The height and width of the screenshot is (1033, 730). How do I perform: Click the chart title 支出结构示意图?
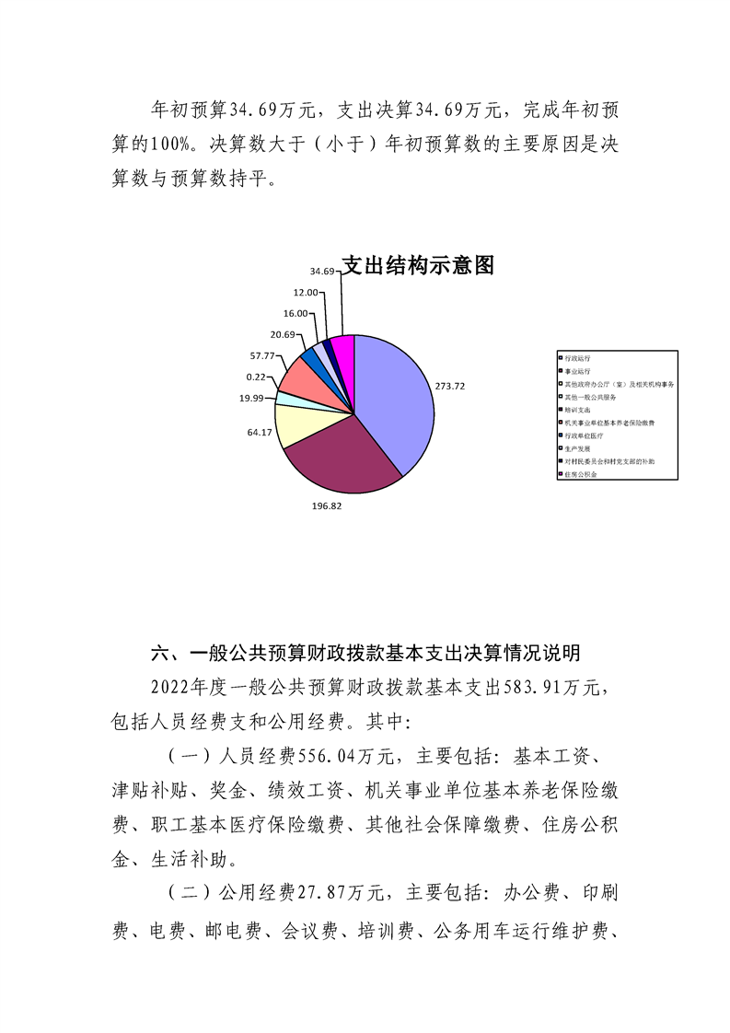(418, 266)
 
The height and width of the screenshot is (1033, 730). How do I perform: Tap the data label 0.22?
(258, 377)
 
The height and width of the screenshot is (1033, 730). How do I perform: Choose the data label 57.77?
(262, 355)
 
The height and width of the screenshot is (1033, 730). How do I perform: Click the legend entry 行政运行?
(577, 356)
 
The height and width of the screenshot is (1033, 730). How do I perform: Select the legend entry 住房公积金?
(581, 473)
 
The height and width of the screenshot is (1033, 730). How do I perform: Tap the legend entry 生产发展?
(577, 447)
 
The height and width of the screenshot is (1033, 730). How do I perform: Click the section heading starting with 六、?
(365, 654)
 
